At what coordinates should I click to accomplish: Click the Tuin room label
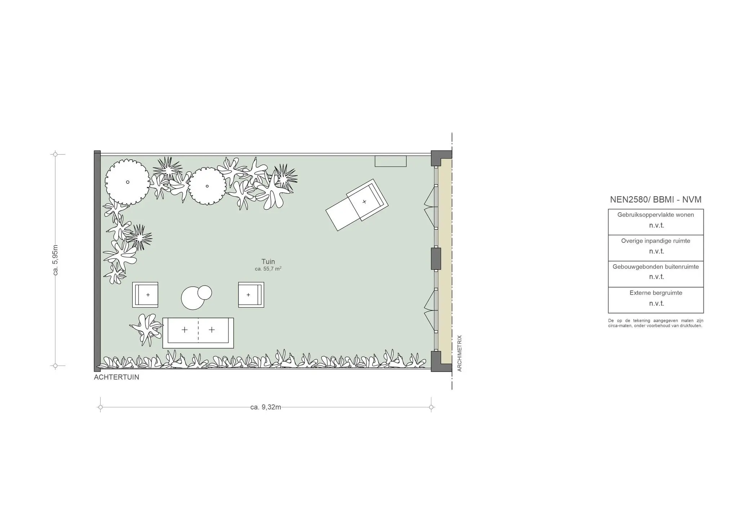click(268, 262)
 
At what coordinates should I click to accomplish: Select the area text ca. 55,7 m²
click(268, 269)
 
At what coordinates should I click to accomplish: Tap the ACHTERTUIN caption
click(116, 377)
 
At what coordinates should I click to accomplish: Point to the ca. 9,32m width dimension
click(266, 407)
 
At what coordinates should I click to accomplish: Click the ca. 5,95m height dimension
click(55, 260)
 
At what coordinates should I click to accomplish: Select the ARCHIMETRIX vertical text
click(459, 353)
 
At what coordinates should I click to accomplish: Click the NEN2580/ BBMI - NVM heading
click(656, 200)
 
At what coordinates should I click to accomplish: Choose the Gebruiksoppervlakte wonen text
click(656, 215)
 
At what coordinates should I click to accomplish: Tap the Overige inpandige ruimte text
click(656, 241)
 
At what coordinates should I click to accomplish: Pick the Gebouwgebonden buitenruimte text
click(656, 267)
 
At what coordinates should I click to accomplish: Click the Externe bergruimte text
click(656, 293)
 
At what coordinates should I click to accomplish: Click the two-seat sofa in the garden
click(198, 333)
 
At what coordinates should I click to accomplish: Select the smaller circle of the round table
click(205, 292)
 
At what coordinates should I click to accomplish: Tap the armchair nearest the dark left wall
click(145, 295)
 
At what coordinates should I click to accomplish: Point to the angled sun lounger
click(357, 205)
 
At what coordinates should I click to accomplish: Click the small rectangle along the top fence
click(391, 161)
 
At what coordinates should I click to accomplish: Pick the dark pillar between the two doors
click(436, 258)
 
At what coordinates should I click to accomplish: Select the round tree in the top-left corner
click(128, 182)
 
